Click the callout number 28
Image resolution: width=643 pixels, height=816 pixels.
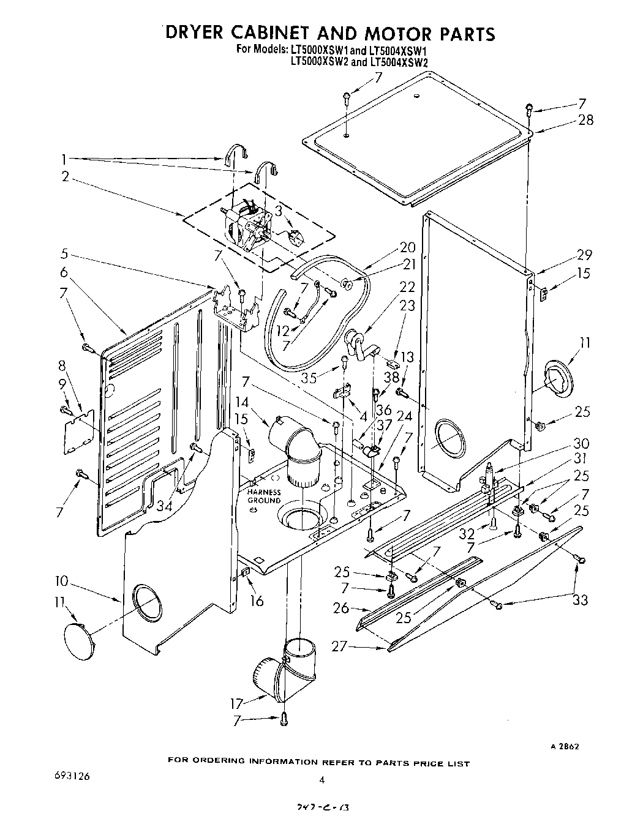(x=585, y=120)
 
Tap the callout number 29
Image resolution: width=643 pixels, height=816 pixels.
(x=584, y=255)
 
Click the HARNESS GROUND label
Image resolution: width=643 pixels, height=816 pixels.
(x=264, y=496)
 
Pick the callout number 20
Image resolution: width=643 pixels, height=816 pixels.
(x=407, y=247)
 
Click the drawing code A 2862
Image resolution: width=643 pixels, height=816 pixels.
(x=564, y=746)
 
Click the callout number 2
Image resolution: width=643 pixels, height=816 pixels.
(x=65, y=178)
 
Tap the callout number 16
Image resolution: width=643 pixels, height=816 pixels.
(x=256, y=601)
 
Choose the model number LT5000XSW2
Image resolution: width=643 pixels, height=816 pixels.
(x=318, y=62)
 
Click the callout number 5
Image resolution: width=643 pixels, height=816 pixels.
(x=64, y=253)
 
